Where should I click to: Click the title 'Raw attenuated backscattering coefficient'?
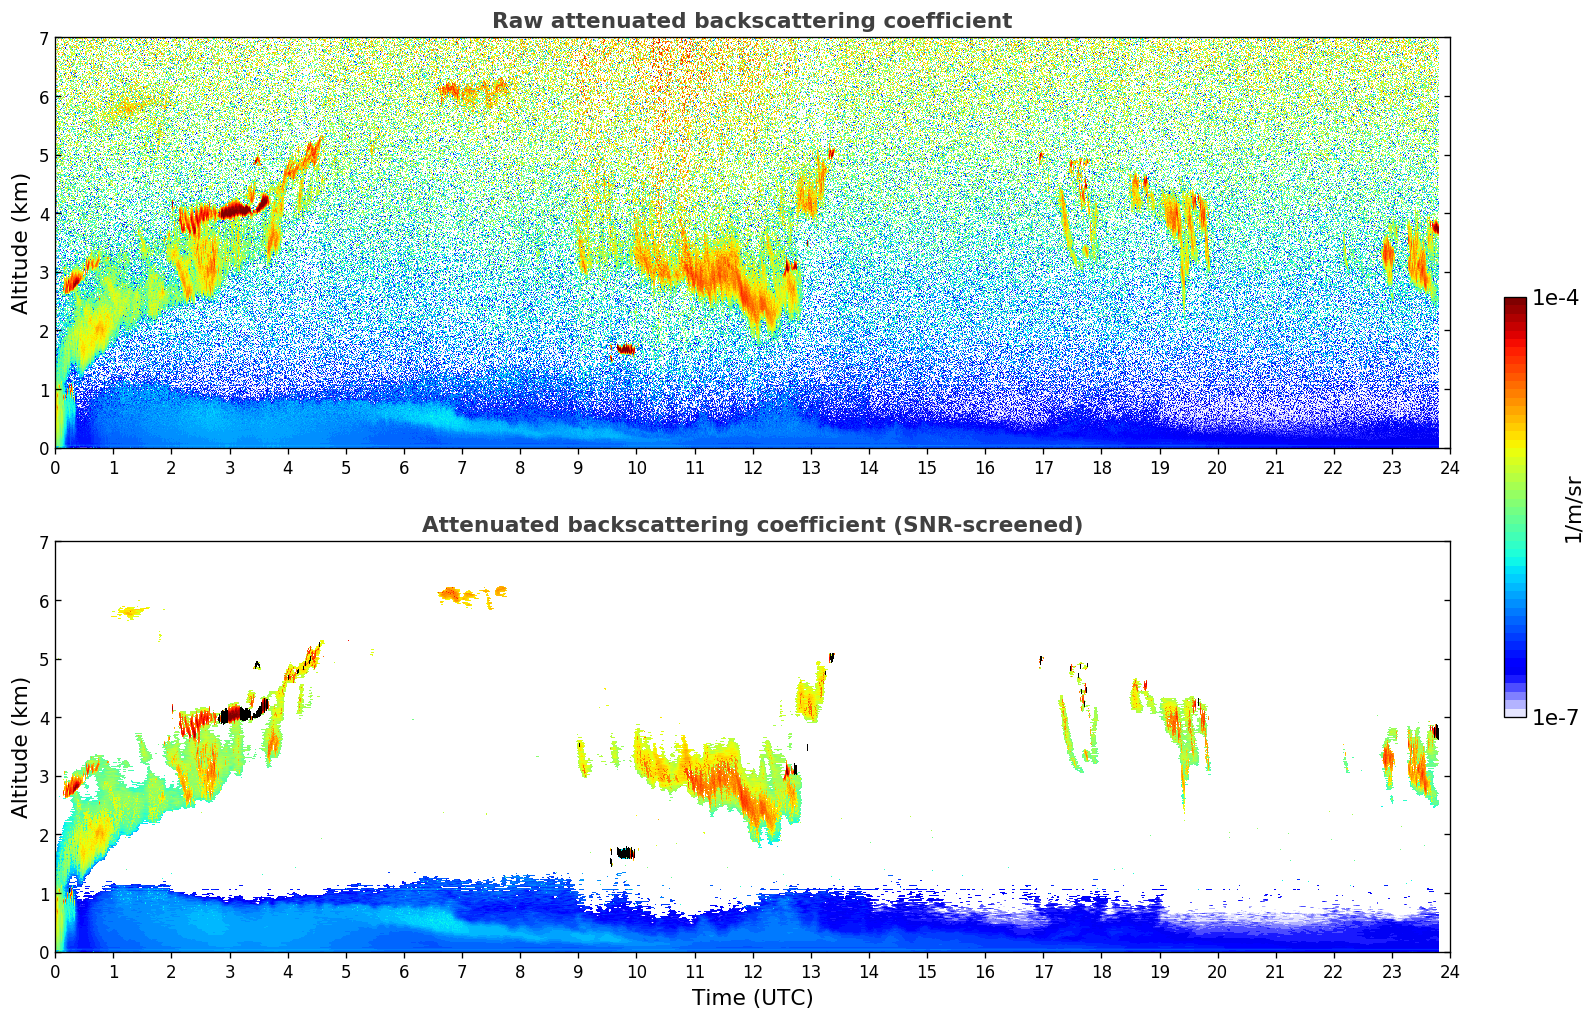coord(751,21)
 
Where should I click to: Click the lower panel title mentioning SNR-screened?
coord(751,525)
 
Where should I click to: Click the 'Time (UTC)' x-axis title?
coord(752,998)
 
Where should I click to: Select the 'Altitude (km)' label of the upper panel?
coord(21,243)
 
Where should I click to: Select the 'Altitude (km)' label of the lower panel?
coord(21,747)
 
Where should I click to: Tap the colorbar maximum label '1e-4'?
coord(1555,298)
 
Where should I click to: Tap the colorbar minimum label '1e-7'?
coord(1555,717)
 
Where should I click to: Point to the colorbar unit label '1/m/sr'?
coord(1573,508)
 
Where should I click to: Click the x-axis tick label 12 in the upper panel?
coord(752,467)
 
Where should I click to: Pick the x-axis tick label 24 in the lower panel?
coord(1449,971)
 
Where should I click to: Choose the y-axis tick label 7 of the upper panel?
coord(43,39)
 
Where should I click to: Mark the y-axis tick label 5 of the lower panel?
coord(43,660)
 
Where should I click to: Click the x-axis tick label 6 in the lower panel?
coord(404,971)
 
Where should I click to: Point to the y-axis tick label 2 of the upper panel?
coord(43,331)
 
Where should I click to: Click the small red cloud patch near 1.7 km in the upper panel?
coord(626,349)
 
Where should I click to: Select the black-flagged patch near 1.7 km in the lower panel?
coord(626,853)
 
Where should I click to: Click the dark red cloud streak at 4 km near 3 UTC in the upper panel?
coord(236,210)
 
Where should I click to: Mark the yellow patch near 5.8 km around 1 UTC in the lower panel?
coord(130,611)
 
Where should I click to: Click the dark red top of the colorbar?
coord(1514,303)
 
